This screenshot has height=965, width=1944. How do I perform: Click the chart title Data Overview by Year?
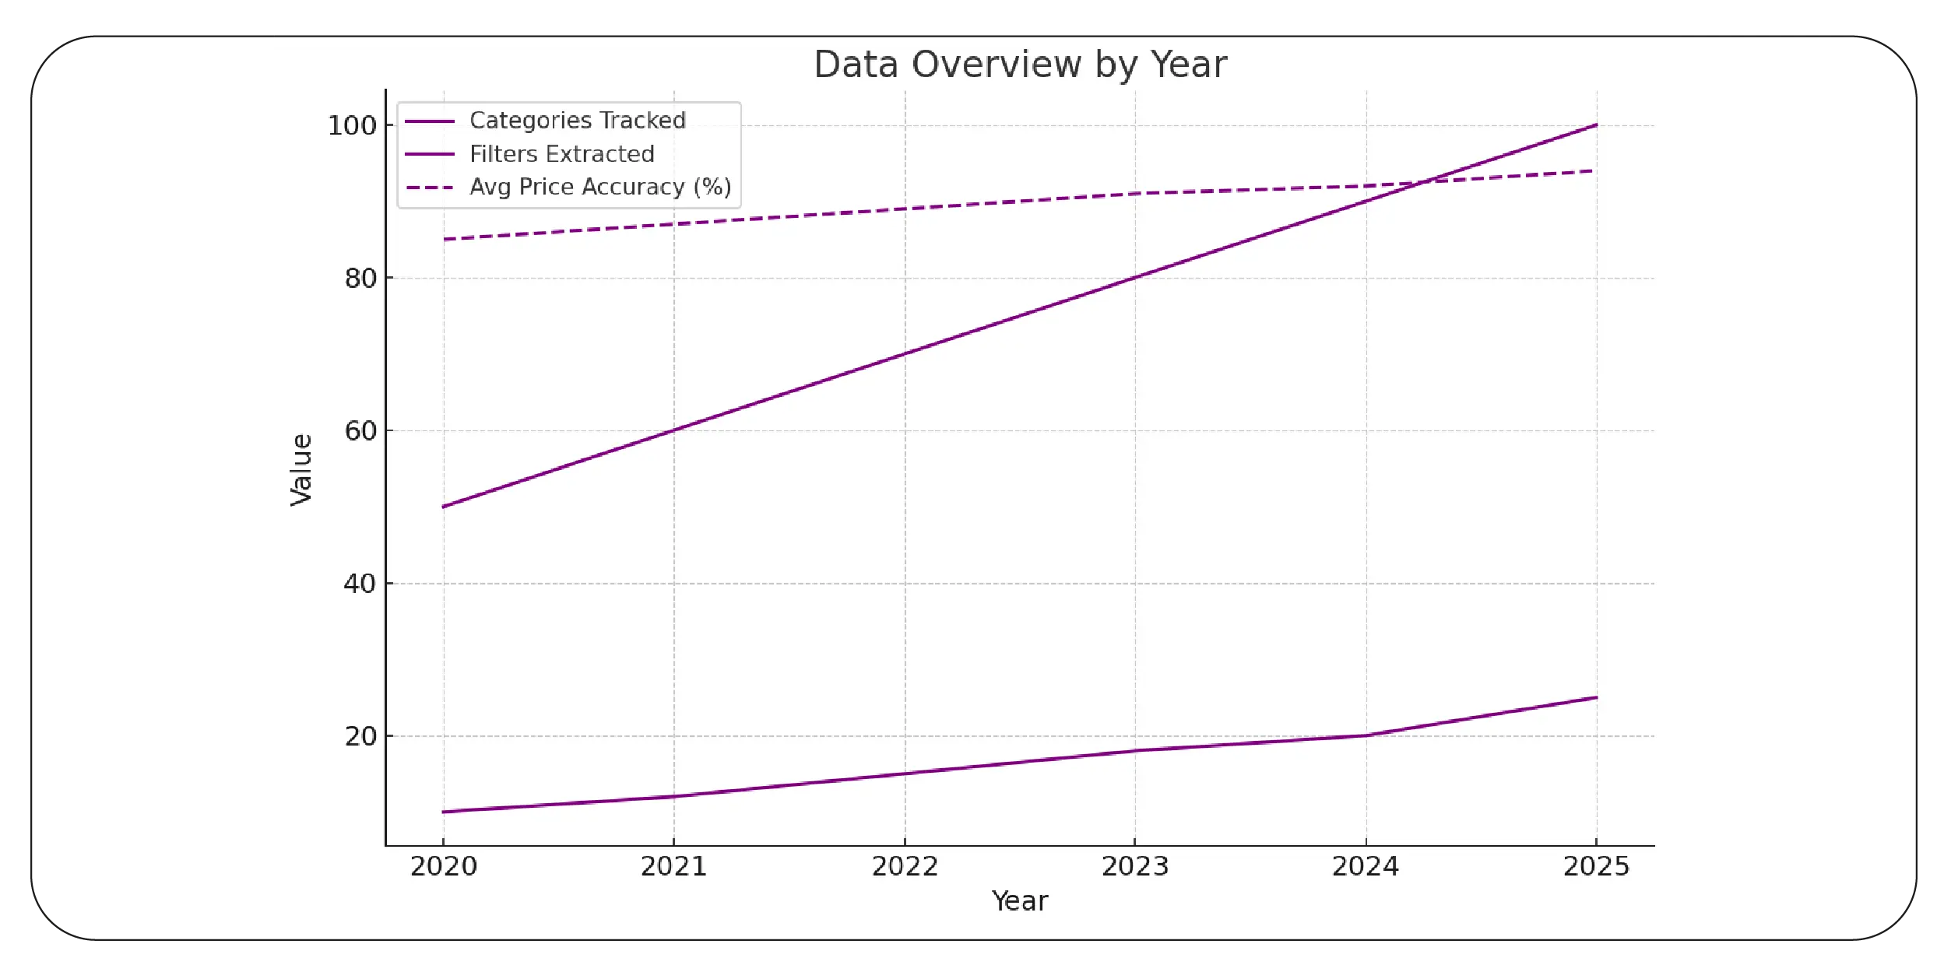1020,65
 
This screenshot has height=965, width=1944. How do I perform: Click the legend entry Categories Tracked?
577,121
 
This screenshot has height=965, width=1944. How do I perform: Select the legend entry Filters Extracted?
561,154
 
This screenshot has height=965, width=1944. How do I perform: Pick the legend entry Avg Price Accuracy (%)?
599,187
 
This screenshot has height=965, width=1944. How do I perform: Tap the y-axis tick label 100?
352,125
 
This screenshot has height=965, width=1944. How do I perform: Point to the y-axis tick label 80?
360,278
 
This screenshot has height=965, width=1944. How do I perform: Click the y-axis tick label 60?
360,430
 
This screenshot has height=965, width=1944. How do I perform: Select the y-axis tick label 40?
360,583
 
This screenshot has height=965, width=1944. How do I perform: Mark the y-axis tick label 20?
360,735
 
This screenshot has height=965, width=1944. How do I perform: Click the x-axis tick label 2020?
444,866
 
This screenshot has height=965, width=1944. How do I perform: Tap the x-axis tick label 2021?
674,866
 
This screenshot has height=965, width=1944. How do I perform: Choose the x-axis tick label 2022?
905,866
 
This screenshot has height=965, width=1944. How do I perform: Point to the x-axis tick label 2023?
1135,866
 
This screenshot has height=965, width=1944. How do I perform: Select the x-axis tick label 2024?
1366,866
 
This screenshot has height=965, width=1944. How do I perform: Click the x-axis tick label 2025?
1596,866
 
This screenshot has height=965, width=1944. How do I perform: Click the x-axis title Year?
1020,901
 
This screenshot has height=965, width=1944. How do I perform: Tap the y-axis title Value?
301,469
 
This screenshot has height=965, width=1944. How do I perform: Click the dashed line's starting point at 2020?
444,239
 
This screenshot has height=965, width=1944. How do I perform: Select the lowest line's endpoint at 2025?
1596,697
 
